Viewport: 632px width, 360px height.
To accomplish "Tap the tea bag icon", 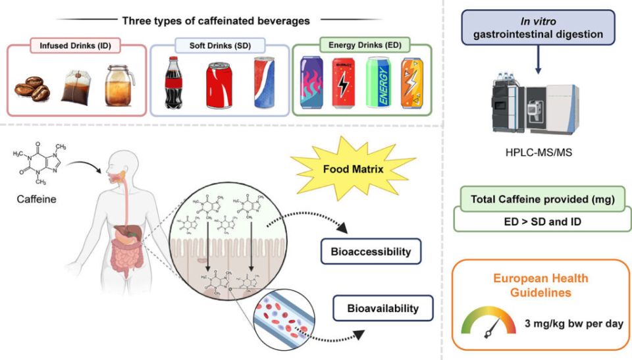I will tap(76, 88).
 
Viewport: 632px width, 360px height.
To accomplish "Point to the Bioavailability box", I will tap(384, 307).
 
